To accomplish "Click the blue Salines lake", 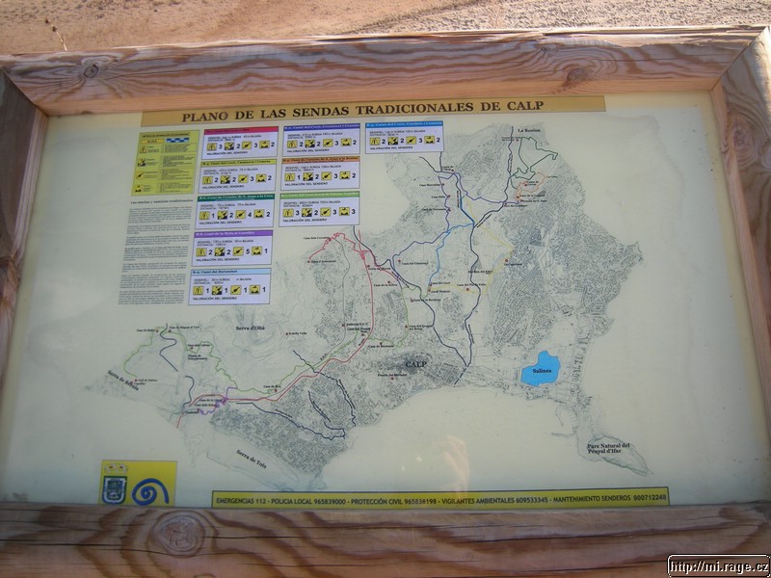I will click(x=539, y=369).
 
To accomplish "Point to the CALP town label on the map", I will click(x=415, y=364).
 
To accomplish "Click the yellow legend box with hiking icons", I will click(x=164, y=161).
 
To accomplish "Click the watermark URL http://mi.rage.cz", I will click(x=717, y=566).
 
